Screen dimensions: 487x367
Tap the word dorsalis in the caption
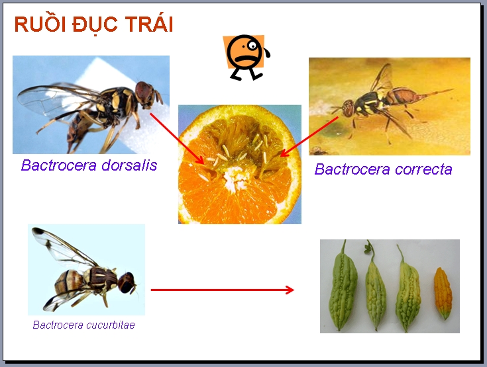[x=129, y=165]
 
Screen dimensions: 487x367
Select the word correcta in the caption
[x=423, y=169]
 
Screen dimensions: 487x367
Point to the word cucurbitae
[x=110, y=325]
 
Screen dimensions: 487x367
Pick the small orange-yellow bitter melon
[x=443, y=293]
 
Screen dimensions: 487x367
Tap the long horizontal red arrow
[x=223, y=290]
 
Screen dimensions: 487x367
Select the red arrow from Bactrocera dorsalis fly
[x=177, y=139]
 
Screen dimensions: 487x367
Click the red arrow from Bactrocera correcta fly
[x=309, y=137]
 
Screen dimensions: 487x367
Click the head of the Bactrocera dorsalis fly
[x=144, y=94]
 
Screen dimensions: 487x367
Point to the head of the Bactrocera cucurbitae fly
[x=127, y=282]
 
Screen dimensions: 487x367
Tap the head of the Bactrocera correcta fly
[x=349, y=108]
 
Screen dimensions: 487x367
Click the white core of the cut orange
[x=235, y=178]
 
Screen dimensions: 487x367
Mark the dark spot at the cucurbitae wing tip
[x=38, y=231]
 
